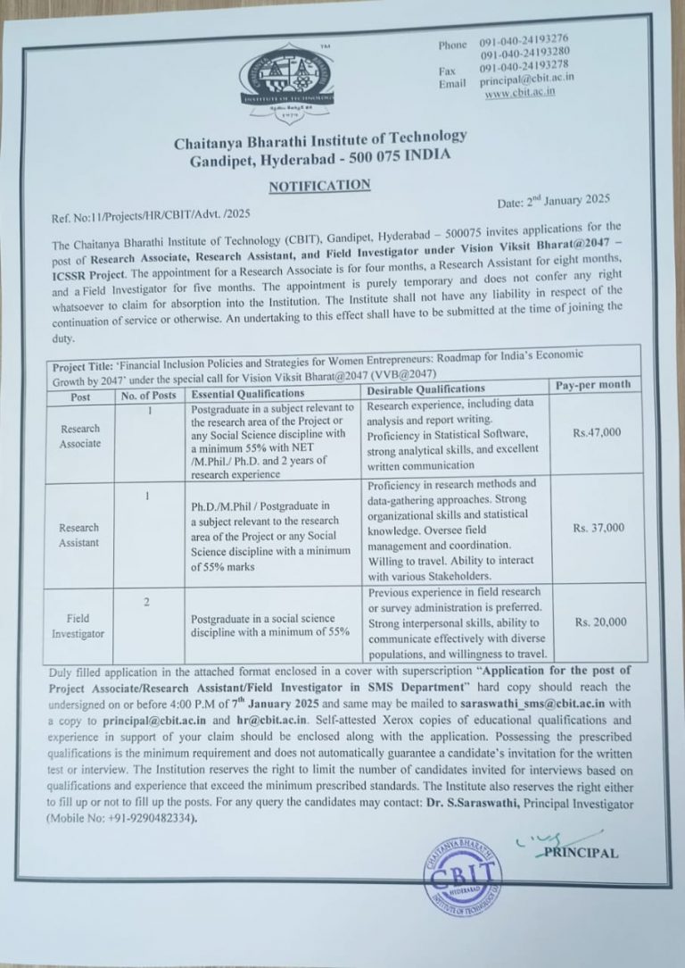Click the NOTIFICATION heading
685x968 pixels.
pyautogui.click(x=319, y=185)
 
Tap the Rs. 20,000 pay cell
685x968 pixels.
pyautogui.click(x=600, y=622)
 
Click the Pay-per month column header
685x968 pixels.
pyautogui.click(x=592, y=385)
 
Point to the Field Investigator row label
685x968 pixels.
pyautogui.click(x=84, y=625)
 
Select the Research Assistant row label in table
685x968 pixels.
pyautogui.click(x=81, y=534)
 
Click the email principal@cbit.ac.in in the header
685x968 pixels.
pyautogui.click(x=526, y=79)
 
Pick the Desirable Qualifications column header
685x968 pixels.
pyautogui.click(x=425, y=388)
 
